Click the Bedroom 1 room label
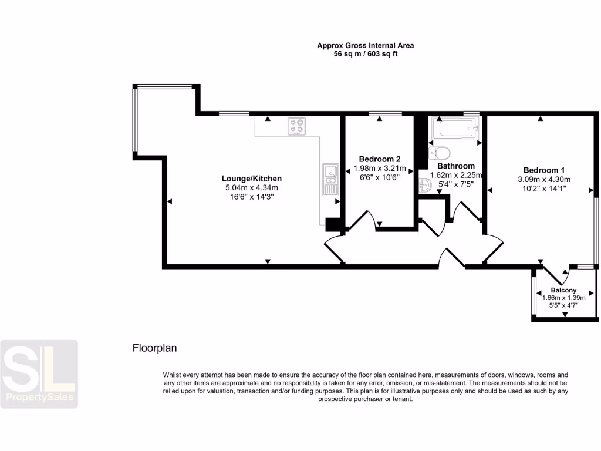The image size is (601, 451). (543, 169)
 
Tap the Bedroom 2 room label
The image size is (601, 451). (380, 159)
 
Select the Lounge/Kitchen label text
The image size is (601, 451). (251, 179)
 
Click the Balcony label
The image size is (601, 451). (563, 290)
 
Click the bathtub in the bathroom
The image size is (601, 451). (455, 129)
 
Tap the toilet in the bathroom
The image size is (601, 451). (440, 153)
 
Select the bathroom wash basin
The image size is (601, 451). (426, 185)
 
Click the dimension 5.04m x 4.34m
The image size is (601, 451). (251, 188)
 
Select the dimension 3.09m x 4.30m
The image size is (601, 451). (543, 179)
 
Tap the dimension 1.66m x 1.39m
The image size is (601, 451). (563, 298)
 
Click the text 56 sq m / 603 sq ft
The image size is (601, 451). (362, 53)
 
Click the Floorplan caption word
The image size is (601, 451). (154, 348)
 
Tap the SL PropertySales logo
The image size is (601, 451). (39, 373)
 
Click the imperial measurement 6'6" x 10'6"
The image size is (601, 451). (380, 177)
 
